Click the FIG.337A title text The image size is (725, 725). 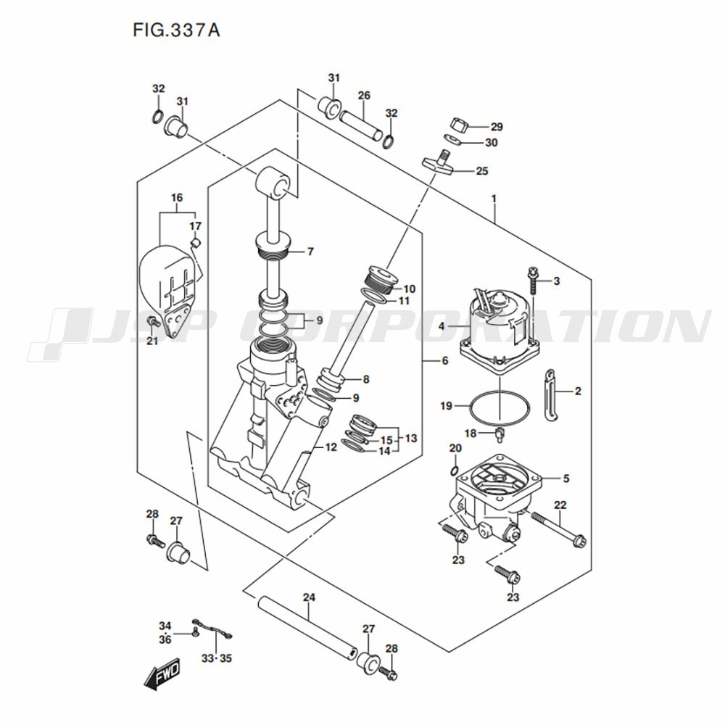176,30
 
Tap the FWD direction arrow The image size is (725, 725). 162,674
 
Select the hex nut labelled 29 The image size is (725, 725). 459,124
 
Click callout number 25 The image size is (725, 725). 482,171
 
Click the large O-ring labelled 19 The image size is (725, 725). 500,407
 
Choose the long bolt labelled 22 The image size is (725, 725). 558,529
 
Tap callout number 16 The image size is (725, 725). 177,198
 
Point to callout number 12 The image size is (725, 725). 331,447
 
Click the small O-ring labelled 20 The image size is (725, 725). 455,471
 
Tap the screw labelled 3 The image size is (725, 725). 533,280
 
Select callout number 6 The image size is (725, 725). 445,360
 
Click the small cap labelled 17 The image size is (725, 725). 195,243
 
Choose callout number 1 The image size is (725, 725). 494,199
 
